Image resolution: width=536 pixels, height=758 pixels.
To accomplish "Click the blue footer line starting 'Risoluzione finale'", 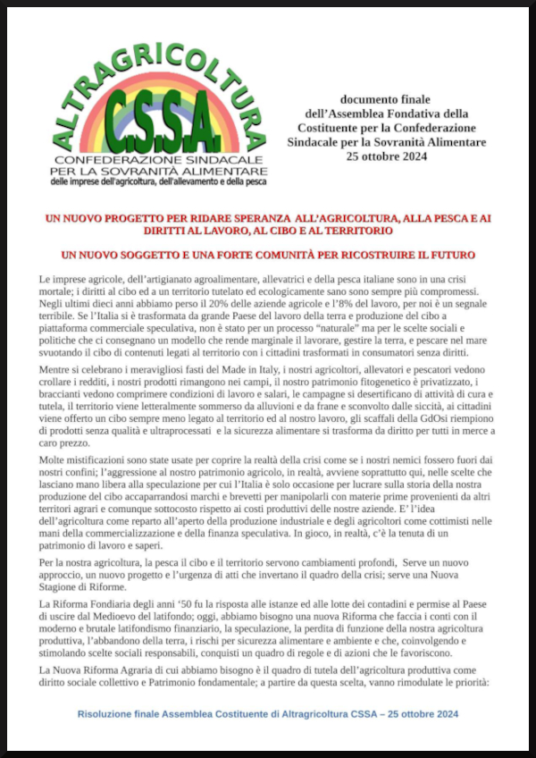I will click(x=268, y=714).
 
